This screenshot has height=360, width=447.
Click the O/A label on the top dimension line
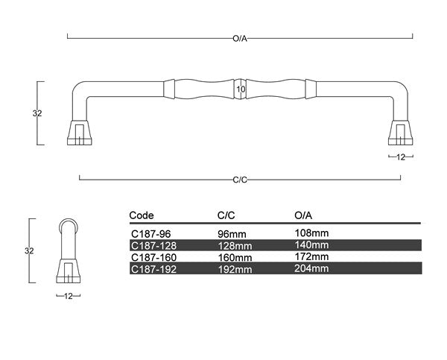240,37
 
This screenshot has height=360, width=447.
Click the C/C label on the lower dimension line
240,179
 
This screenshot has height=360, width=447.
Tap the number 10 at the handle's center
241,89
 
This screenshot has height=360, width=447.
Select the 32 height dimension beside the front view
37,113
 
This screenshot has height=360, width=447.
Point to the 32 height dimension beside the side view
29,251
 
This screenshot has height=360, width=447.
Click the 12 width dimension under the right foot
401,157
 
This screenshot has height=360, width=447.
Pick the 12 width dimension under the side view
69,296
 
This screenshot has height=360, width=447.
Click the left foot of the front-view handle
78,131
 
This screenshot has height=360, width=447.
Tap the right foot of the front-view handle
401,131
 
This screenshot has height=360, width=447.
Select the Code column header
142,215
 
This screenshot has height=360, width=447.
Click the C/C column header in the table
226,215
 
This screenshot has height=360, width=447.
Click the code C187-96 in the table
150,233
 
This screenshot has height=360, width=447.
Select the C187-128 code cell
153,244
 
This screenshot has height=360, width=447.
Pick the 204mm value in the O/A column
312,268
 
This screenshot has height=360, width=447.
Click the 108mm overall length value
312,233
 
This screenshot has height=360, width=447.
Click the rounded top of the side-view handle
69,223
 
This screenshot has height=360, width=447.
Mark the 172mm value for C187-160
312,256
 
